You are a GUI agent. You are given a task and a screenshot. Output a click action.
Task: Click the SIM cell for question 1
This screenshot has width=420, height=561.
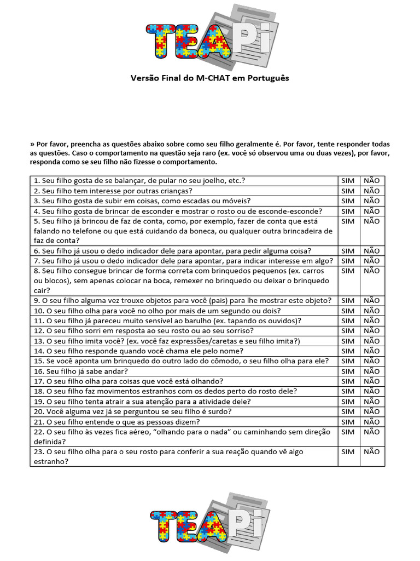click(348, 181)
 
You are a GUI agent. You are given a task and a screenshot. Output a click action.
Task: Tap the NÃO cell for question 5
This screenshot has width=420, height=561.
click(371, 221)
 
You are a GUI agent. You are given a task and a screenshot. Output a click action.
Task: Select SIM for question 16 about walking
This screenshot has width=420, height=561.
click(348, 371)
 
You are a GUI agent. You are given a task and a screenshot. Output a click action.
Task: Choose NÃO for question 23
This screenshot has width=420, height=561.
click(371, 452)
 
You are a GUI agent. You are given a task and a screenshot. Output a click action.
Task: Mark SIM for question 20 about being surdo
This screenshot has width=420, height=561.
click(348, 411)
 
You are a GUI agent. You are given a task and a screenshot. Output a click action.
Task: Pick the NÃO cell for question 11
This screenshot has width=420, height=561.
click(371, 320)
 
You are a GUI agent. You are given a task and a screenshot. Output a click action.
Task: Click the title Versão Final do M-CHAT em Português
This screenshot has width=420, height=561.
click(209, 78)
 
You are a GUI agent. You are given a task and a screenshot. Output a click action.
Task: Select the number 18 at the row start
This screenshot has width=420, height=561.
click(38, 391)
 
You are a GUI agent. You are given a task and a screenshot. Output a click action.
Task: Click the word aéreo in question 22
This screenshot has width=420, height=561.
click(139, 432)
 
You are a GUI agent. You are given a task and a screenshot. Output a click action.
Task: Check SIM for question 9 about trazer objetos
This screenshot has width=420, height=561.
click(348, 300)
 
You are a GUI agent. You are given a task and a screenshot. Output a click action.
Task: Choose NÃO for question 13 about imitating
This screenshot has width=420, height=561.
click(371, 341)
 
